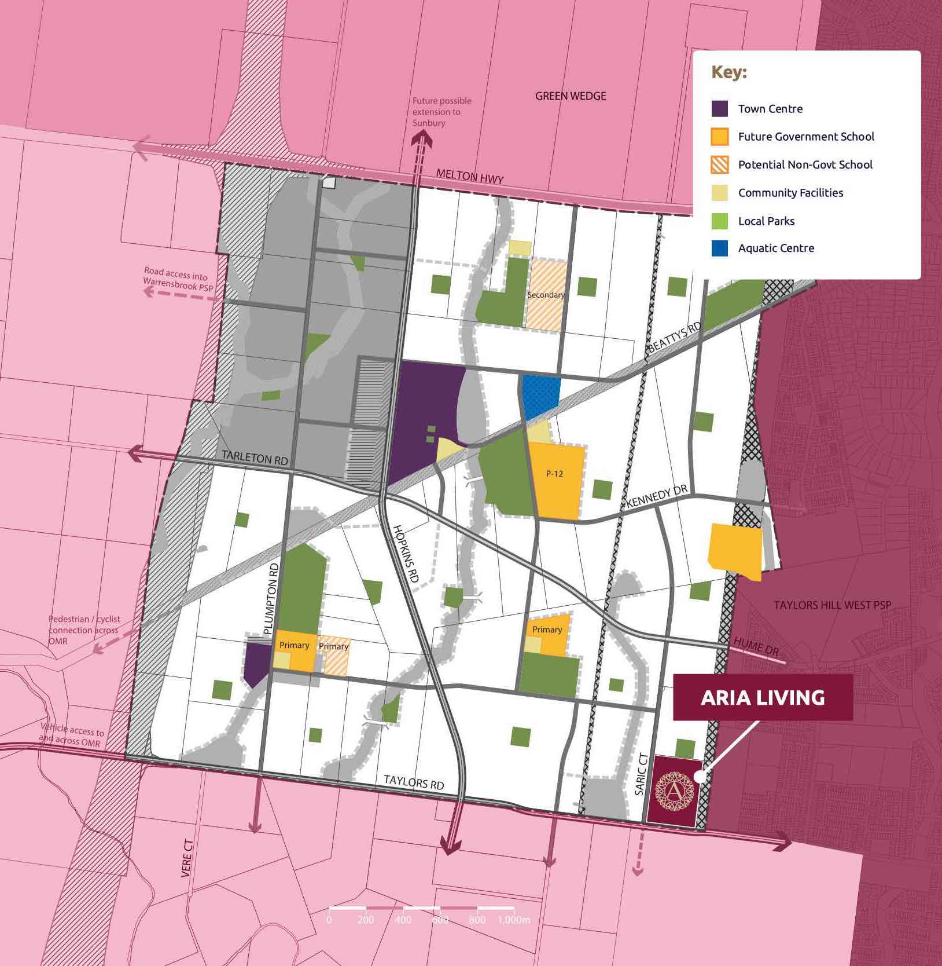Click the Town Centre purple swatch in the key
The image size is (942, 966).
click(719, 109)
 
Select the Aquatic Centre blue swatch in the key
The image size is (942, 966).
click(719, 248)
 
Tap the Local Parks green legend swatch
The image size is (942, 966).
click(719, 221)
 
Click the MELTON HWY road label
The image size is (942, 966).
click(469, 176)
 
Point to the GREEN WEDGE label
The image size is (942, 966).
click(571, 96)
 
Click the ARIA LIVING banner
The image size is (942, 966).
click(763, 697)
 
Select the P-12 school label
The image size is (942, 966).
click(554, 474)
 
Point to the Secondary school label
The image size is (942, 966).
click(546, 295)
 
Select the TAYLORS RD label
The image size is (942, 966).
click(414, 782)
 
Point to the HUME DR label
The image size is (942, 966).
click(756, 646)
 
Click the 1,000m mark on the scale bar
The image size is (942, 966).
click(514, 920)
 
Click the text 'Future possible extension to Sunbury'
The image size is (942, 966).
click(441, 112)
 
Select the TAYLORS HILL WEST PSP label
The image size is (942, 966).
click(832, 605)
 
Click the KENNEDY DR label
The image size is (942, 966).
click(656, 497)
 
